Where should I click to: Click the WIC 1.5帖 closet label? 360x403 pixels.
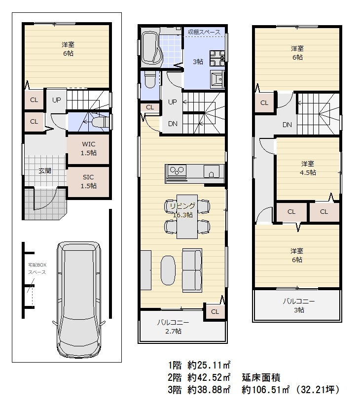coord(89,148)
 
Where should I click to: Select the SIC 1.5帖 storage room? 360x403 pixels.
coord(89,181)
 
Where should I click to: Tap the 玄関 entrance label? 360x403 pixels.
coord(45,171)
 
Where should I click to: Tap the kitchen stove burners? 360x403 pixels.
coord(176,171)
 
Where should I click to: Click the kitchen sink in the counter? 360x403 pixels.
coord(213,172)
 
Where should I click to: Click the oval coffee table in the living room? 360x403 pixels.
coord(168,269)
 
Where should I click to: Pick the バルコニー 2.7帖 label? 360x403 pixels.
coord(173,327)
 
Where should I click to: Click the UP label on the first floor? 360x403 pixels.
coord(57,100)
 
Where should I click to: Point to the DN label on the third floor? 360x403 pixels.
coord(287,125)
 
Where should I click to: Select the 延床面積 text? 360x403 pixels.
coord(261,378)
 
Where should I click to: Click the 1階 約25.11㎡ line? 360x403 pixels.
coord(200,366)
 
